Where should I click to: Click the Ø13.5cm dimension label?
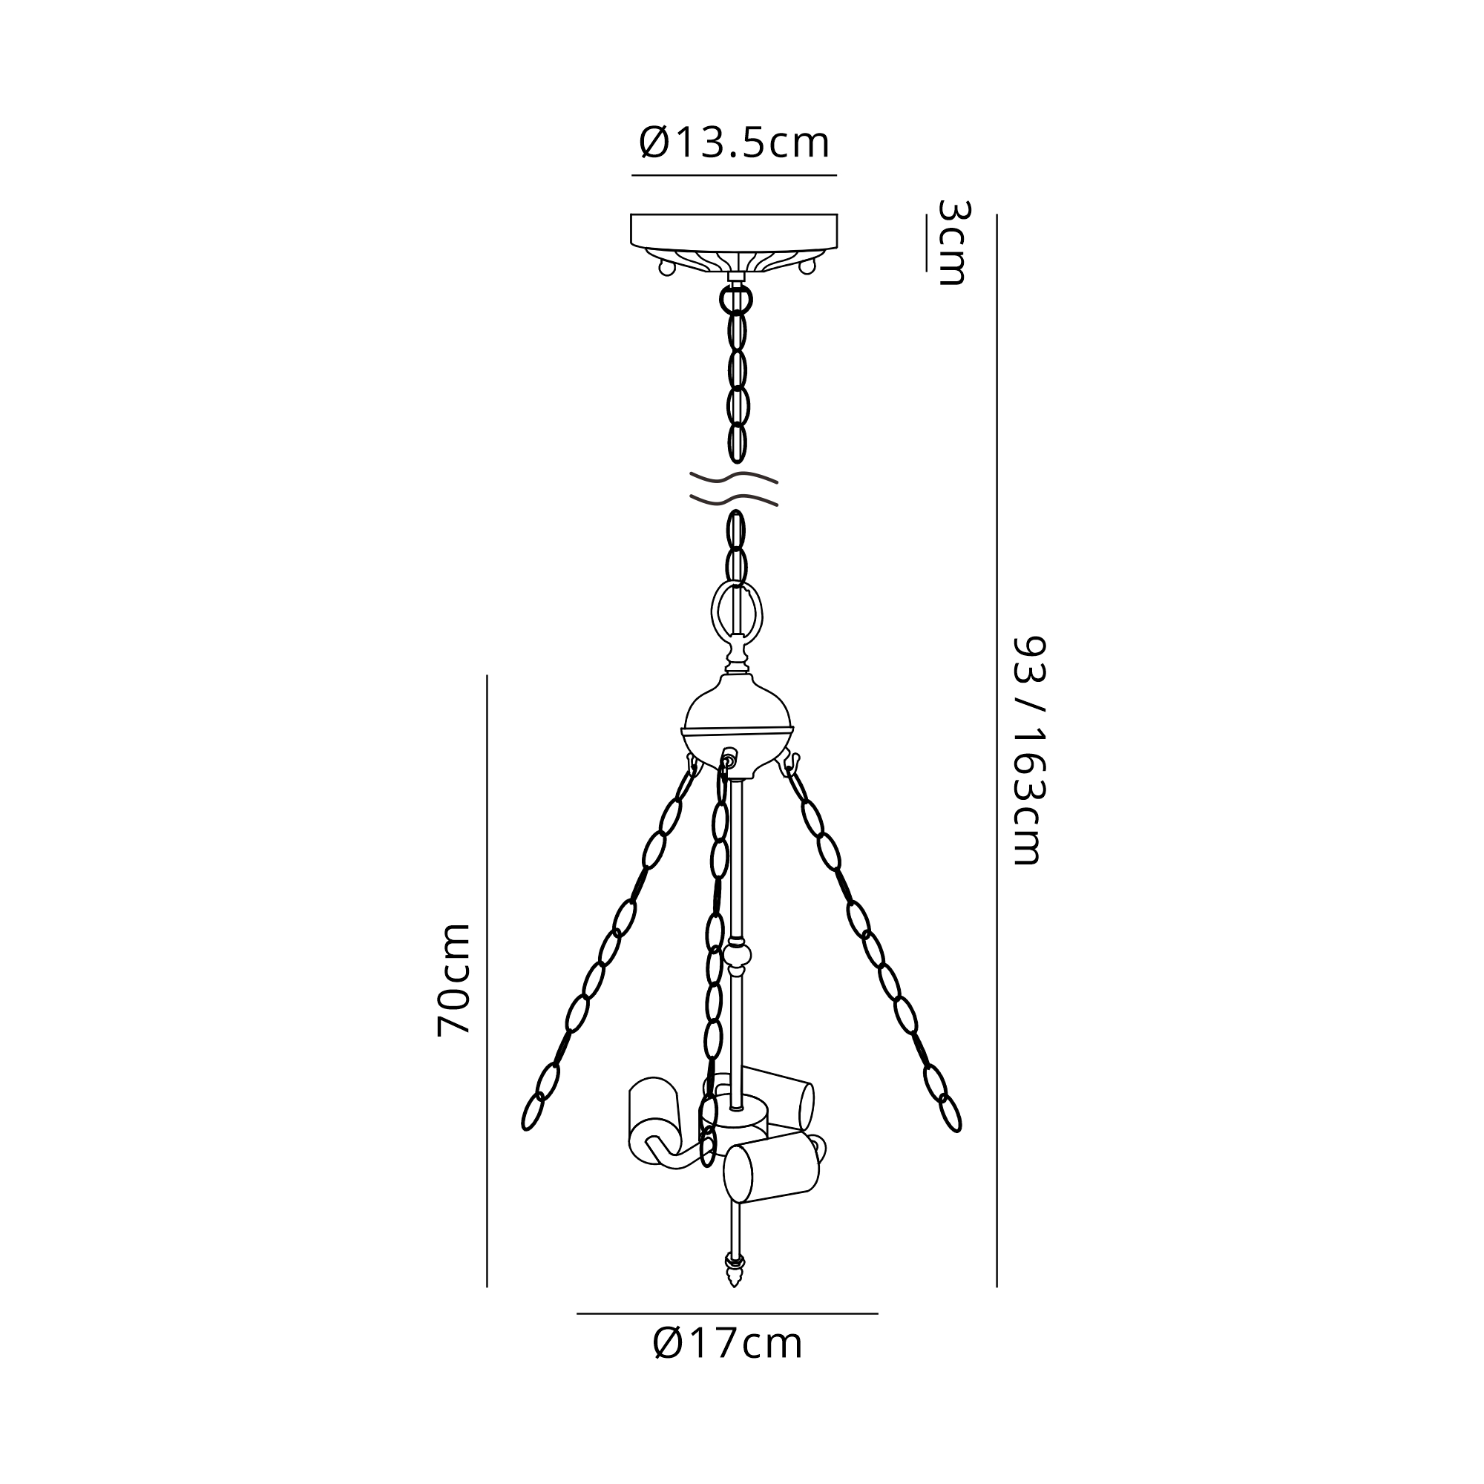click(x=735, y=143)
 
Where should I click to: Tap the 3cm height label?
click(x=953, y=243)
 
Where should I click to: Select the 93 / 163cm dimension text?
click(x=1028, y=750)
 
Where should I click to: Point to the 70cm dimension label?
click(x=453, y=979)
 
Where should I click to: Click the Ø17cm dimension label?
click(x=727, y=1365)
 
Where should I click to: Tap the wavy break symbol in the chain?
click(x=734, y=488)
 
